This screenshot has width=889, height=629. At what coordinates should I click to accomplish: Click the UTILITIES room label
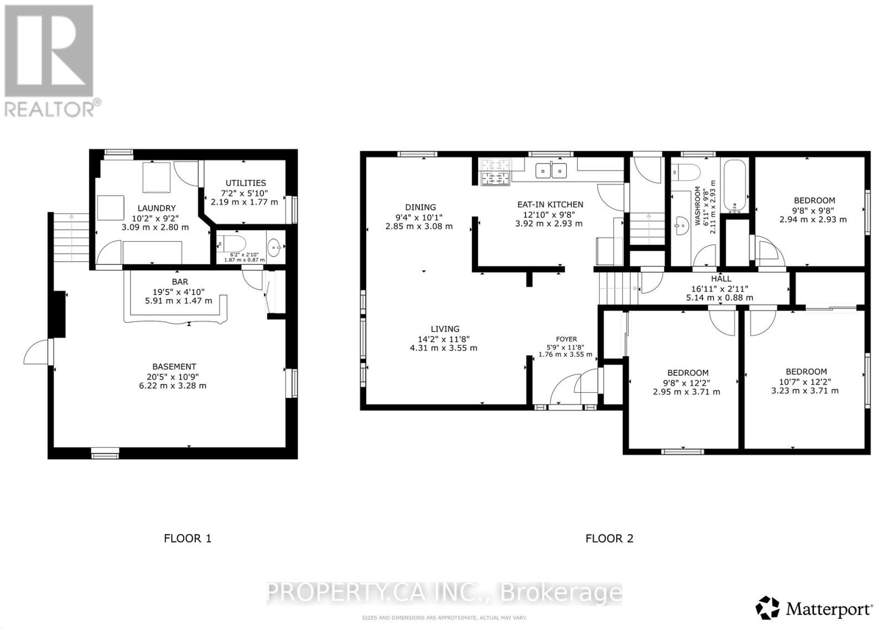click(x=246, y=183)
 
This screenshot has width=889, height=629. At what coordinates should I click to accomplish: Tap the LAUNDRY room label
click(x=157, y=208)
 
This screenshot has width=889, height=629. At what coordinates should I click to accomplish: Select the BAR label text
click(x=180, y=282)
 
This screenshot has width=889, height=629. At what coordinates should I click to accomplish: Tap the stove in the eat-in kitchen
click(x=496, y=172)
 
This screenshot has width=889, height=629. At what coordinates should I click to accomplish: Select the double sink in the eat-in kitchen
click(x=552, y=171)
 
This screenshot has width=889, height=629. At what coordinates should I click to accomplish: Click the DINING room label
click(x=420, y=207)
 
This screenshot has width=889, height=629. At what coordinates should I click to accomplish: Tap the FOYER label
click(x=566, y=339)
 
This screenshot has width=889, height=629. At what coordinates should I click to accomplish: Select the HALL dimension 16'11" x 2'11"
click(x=720, y=288)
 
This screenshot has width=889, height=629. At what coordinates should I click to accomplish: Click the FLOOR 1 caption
click(x=187, y=538)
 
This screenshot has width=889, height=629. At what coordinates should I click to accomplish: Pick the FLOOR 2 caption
click(x=609, y=538)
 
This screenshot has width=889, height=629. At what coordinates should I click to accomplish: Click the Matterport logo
click(x=815, y=609)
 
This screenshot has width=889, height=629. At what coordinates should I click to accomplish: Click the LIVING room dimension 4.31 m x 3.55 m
click(x=443, y=348)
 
